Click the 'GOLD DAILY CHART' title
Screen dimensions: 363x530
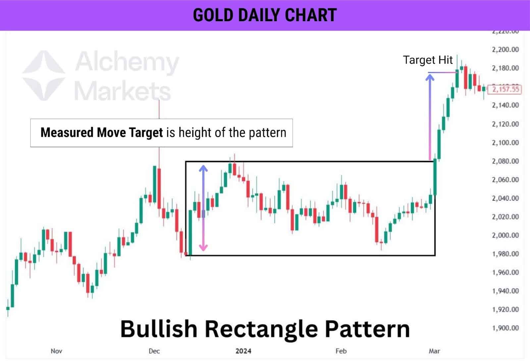point(265,15)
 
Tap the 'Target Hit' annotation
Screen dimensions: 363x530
point(427,60)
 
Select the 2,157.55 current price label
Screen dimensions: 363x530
point(505,89)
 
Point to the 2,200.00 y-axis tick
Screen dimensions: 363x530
point(505,50)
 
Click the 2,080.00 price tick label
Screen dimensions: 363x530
point(505,161)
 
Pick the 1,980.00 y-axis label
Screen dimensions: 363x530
point(505,254)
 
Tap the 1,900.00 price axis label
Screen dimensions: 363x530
point(505,328)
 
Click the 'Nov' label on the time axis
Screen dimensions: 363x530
point(56,351)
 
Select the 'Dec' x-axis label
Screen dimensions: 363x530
point(154,351)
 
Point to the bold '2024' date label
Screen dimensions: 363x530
point(243,351)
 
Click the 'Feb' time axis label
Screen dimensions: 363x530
point(341,351)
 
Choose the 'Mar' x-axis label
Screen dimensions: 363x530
point(434,351)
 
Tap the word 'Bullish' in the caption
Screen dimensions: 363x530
point(159,329)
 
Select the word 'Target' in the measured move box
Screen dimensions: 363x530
point(146,133)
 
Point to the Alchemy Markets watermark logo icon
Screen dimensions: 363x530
point(44,76)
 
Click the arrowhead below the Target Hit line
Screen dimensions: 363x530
point(430,78)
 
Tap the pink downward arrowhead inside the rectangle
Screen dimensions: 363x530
point(203,247)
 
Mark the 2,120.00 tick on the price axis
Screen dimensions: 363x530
point(505,124)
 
